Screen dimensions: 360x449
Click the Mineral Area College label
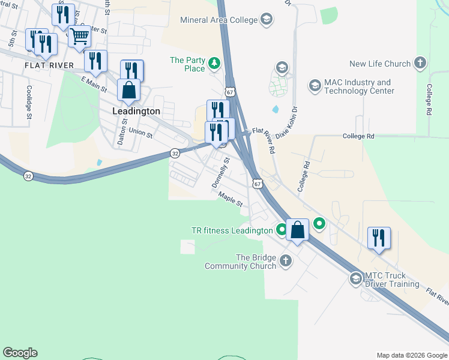(218, 20)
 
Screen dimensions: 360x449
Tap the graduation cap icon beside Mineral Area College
(266, 20)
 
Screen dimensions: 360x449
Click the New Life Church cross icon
(420, 63)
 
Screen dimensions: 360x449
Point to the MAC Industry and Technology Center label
(359, 86)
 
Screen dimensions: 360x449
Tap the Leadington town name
(136, 111)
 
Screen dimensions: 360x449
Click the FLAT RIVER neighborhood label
(49, 65)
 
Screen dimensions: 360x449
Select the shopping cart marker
(79, 37)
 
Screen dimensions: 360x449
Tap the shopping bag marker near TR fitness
(297, 229)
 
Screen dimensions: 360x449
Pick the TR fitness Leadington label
(232, 230)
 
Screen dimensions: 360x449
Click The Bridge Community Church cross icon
(286, 261)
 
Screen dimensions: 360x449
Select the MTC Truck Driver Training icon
(356, 279)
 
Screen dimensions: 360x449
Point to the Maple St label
(230, 200)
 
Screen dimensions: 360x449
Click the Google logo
(20, 353)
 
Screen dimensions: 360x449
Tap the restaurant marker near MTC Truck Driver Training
(378, 238)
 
